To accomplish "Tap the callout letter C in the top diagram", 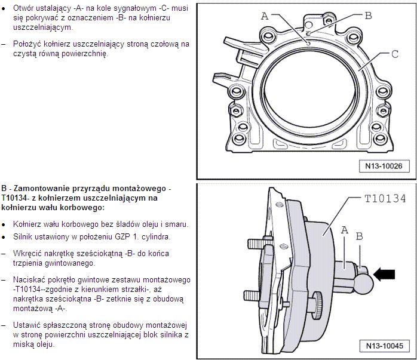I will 394,54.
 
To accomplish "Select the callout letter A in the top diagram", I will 265,17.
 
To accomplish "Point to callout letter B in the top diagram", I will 368,15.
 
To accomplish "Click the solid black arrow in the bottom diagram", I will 384,274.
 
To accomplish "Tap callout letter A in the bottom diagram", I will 344,230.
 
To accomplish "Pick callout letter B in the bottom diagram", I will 359,236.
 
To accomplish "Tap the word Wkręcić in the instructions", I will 27,253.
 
